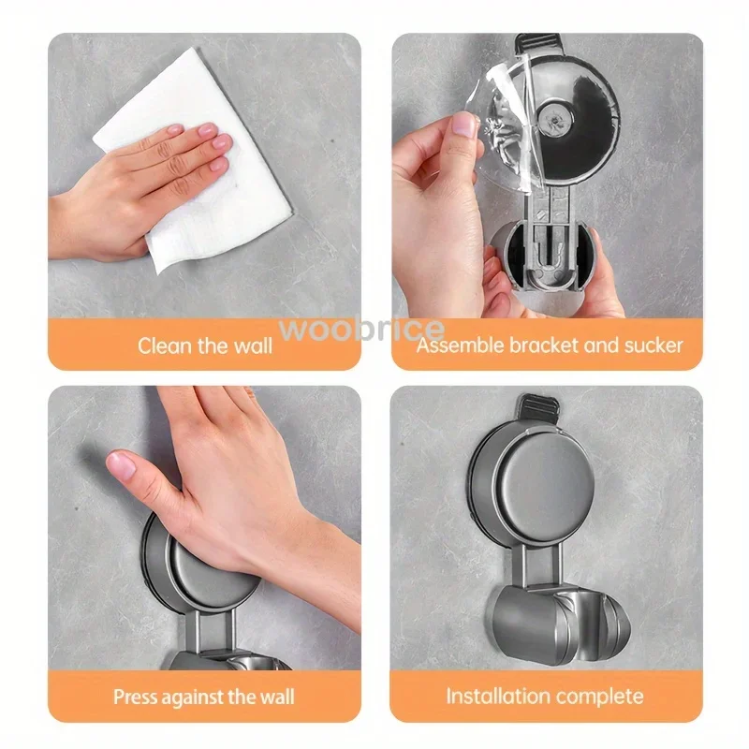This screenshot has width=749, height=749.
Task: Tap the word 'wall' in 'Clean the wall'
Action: coord(251,345)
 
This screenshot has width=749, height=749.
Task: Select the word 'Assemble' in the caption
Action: coord(459,345)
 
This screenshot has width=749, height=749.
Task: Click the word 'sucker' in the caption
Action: coord(653,345)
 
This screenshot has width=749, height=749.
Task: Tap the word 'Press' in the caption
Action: coord(136,697)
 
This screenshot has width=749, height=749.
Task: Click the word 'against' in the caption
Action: coord(198,697)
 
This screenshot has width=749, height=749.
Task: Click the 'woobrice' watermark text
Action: coord(374,329)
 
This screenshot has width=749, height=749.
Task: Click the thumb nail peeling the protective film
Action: coord(464,124)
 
